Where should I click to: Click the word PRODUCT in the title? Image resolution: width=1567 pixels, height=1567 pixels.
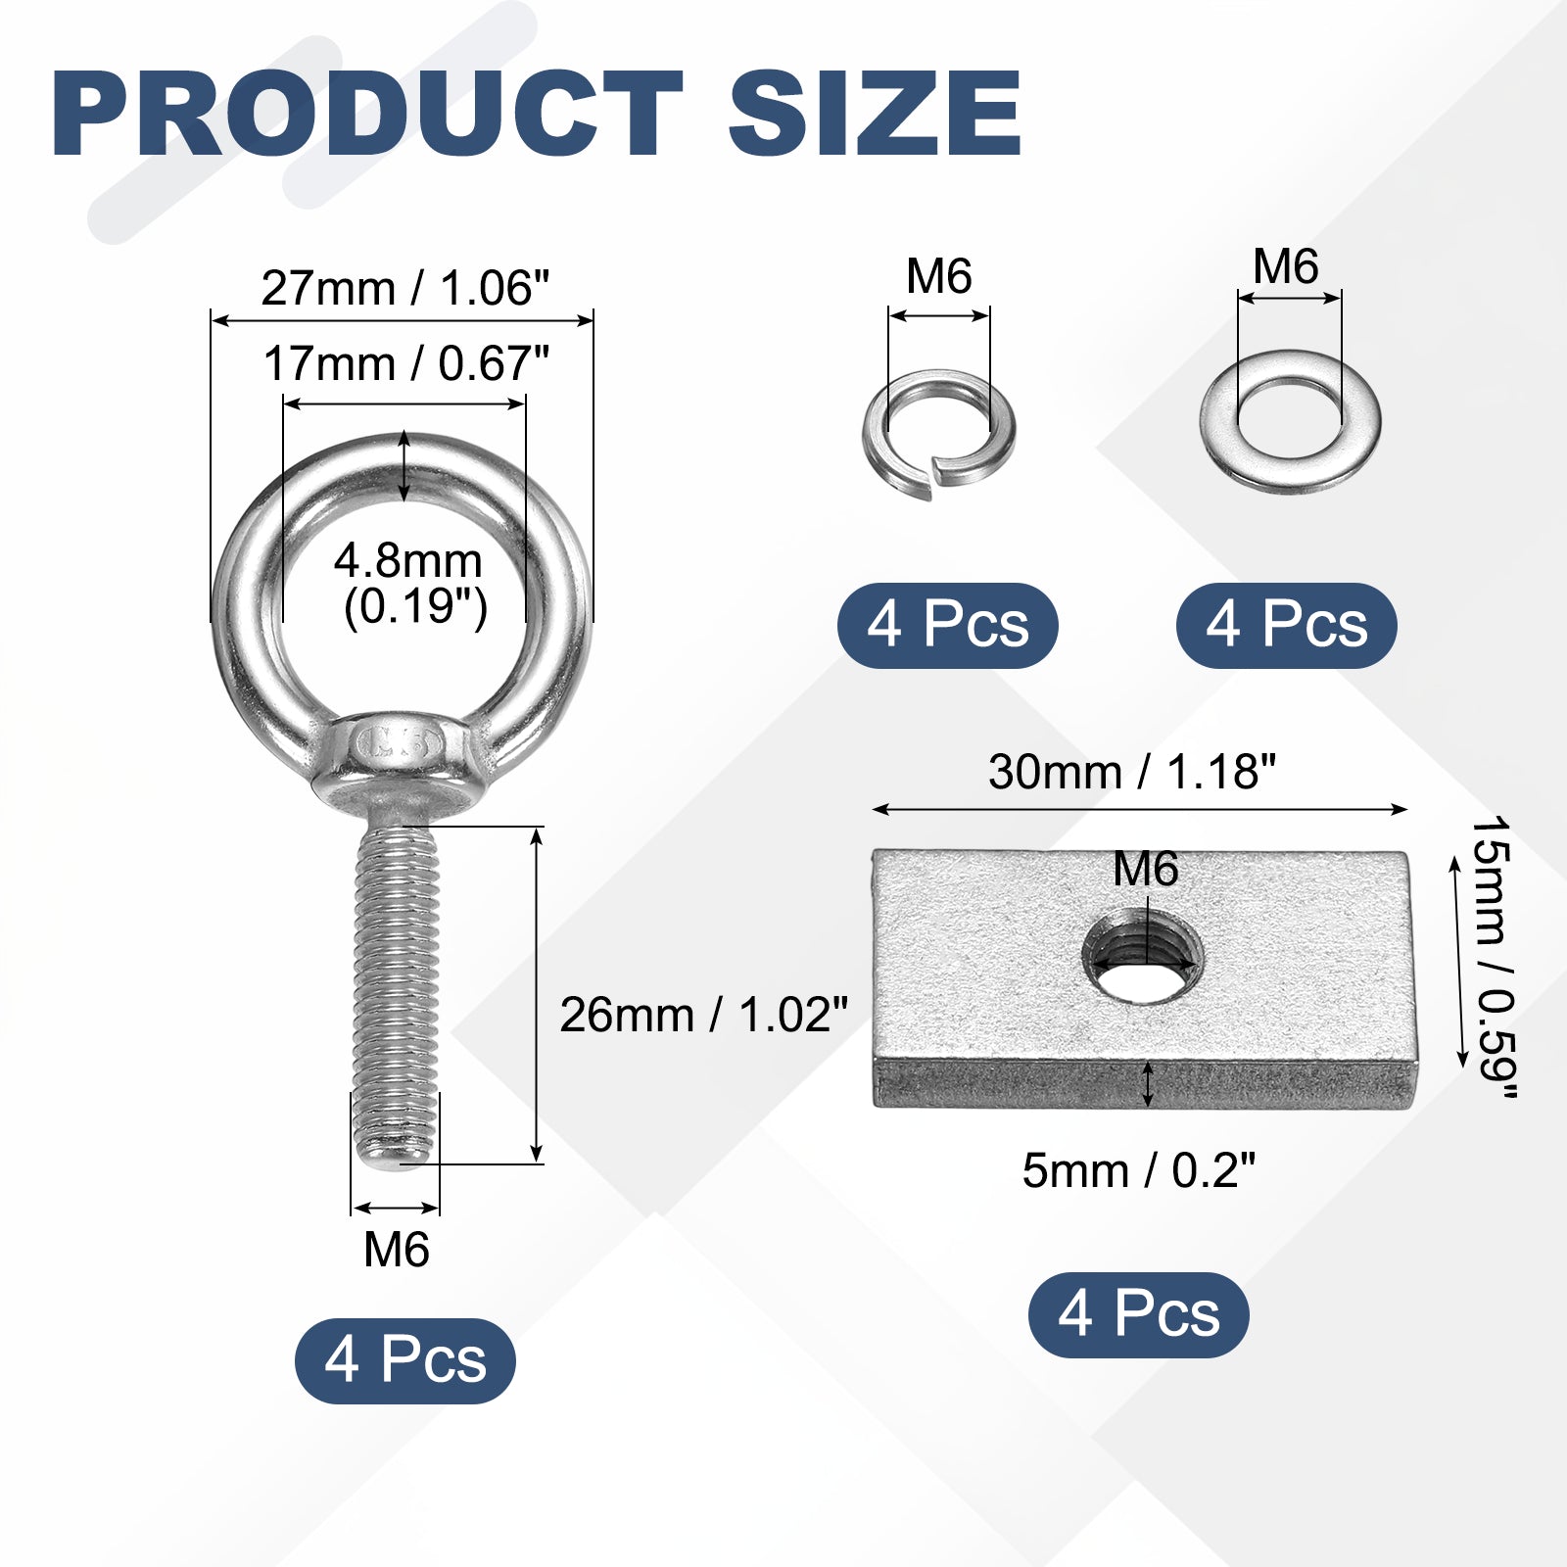(367, 115)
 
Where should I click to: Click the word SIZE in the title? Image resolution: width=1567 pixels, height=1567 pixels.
(876, 115)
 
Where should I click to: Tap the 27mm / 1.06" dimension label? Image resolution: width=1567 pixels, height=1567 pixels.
(405, 288)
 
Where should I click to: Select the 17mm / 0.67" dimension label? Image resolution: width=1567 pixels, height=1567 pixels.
(405, 363)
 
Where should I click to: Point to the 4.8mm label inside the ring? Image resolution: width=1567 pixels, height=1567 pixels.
(408, 561)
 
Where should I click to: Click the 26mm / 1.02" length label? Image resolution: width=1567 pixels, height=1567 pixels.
(703, 1015)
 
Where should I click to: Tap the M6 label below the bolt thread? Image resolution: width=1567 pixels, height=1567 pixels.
(397, 1250)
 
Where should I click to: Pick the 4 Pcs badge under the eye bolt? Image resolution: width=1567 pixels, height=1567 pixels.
(405, 1360)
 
